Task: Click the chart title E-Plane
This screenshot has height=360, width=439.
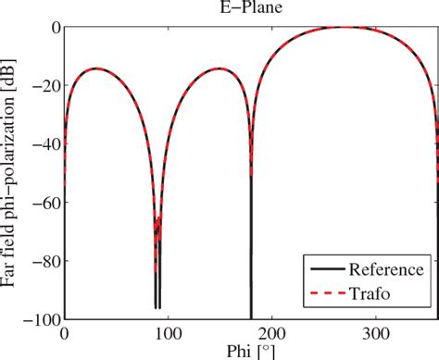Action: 246,10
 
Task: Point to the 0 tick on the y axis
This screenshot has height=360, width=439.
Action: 53,28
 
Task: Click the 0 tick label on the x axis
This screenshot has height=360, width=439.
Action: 63,333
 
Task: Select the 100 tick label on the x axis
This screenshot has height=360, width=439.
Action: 167,333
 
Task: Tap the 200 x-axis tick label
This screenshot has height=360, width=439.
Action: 270,333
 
